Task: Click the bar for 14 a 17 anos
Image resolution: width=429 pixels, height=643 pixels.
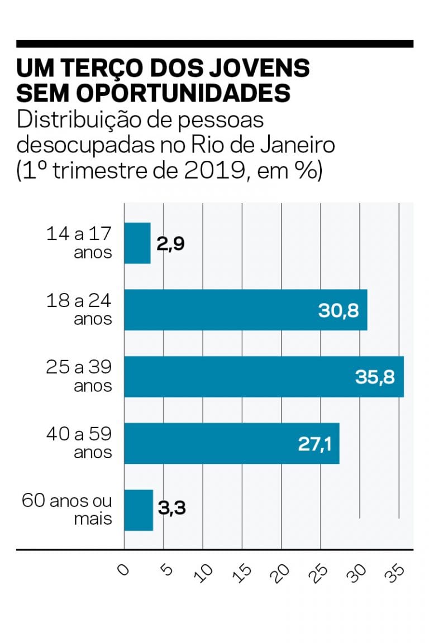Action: pos(137,243)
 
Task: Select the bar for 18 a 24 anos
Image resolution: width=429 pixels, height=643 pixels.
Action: pos(223,310)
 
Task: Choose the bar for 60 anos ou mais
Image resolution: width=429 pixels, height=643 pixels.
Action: pos(139,510)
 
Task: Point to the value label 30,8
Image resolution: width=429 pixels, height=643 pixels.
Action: pos(339,310)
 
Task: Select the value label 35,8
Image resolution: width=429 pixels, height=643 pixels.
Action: pos(374,377)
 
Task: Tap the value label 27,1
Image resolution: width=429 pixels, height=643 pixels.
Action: pos(311,444)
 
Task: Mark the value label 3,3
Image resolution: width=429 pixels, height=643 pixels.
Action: pos(171,509)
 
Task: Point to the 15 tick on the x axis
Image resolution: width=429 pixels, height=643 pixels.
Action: pos(243,573)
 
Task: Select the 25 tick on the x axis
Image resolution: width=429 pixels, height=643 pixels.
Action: pos(321,573)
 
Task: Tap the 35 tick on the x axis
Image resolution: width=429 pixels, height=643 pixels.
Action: pos(398,573)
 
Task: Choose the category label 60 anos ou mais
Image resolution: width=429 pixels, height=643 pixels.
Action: pos(67,509)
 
